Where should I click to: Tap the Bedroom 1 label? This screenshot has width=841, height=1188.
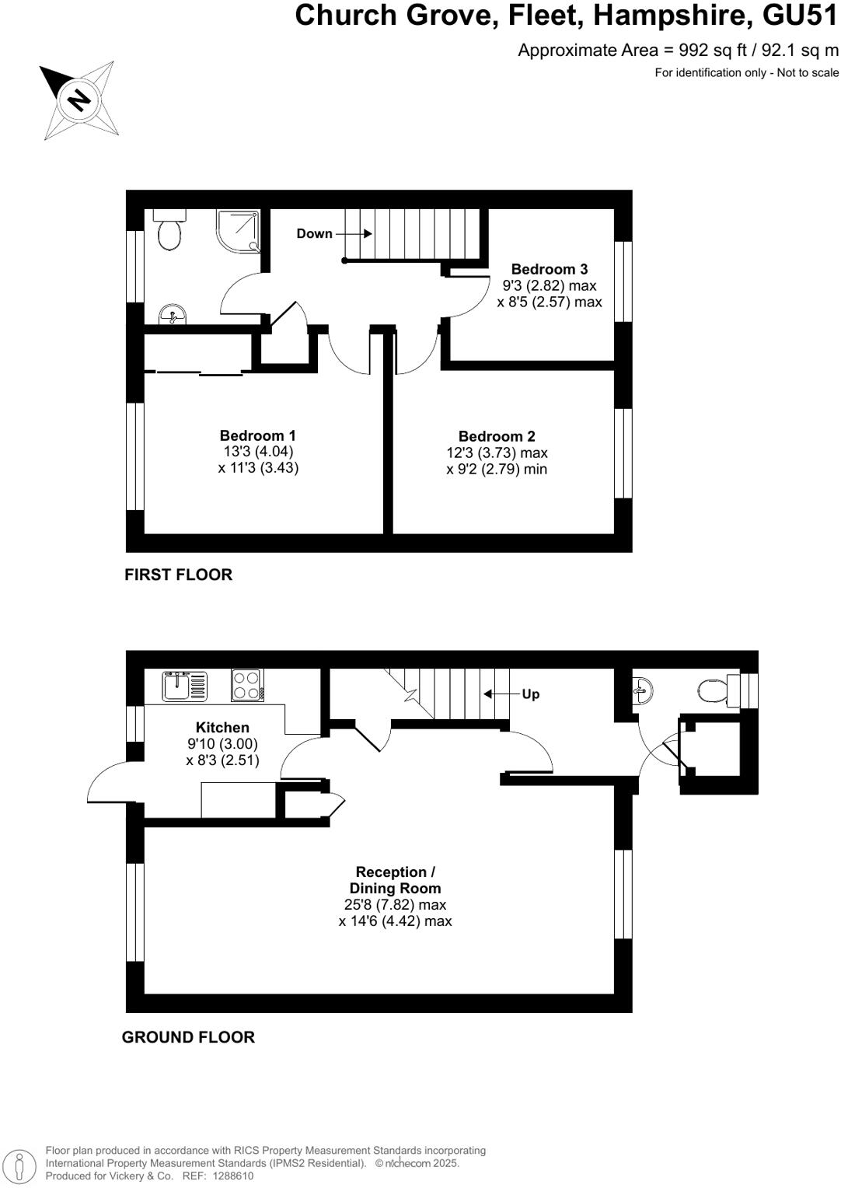coord(257,435)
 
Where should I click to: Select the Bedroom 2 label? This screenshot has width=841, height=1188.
coord(497,436)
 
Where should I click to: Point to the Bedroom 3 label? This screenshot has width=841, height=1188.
coord(549,269)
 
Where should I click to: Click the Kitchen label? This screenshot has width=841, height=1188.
coord(222,727)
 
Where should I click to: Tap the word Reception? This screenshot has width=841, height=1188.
coord(391,872)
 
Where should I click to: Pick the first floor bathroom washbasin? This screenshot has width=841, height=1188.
coord(172,315)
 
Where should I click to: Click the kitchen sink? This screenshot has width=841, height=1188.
coord(184,687)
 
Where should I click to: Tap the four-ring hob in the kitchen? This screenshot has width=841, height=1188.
coord(247,686)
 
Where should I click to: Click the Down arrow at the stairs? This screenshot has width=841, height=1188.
coord(354,233)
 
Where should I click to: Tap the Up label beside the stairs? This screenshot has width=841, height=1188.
coord(530,694)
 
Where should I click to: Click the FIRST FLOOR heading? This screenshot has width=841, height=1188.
coord(178,575)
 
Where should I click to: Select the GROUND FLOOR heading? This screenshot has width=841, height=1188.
coord(188,1037)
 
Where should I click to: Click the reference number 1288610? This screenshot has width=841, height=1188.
coord(229,1176)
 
